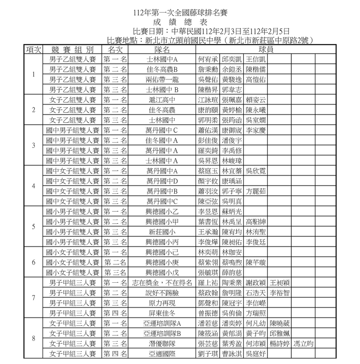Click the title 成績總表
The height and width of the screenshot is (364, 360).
pyautogui.click(x=180, y=22)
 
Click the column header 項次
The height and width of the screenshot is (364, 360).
pyautogui.click(x=33, y=49)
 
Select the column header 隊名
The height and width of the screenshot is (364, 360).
pyautogui.click(x=162, y=49)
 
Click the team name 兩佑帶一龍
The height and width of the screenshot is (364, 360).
pyautogui.click(x=162, y=79)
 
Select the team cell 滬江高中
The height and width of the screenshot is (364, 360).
pyautogui.click(x=162, y=100)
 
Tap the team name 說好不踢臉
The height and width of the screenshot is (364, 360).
pyautogui.click(x=162, y=292)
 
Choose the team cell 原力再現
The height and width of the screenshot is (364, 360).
pyautogui.click(x=162, y=303)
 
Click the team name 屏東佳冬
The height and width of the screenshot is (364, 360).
pyautogui.click(x=162, y=313)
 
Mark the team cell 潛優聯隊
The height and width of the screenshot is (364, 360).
pyautogui.click(x=162, y=344)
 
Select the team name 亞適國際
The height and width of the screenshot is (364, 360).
pyautogui.click(x=162, y=354)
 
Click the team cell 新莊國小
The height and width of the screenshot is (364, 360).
pyautogui.click(x=162, y=232)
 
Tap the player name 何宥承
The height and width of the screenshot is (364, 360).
pyautogui.click(x=208, y=59)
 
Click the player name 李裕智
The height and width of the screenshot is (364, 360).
pyautogui.click(x=280, y=292)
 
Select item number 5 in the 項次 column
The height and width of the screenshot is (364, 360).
pyautogui.click(x=33, y=226)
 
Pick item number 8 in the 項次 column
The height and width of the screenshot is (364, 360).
pyautogui.click(x=33, y=338)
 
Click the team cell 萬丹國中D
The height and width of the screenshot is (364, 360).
pyautogui.click(x=162, y=181)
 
